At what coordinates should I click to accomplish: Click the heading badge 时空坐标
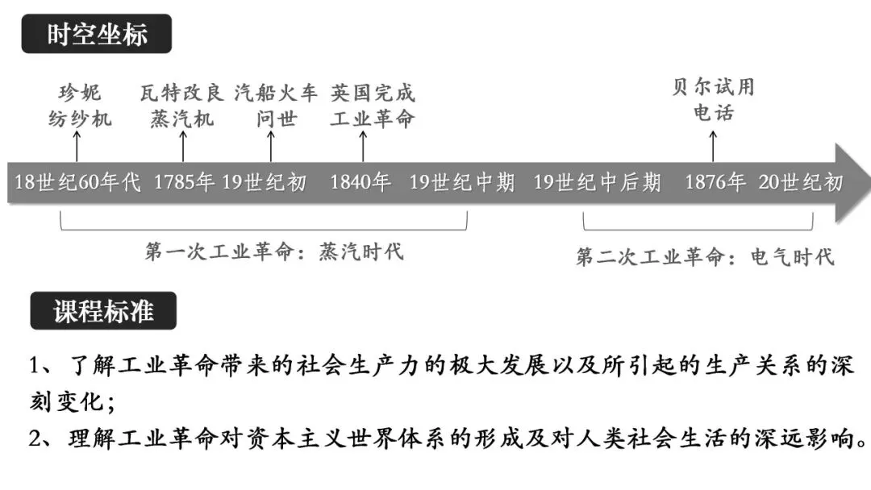coord(96,35)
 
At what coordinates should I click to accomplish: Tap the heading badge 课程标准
coord(103,310)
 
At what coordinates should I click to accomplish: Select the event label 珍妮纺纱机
coord(77,105)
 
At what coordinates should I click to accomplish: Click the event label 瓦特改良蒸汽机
coord(182,105)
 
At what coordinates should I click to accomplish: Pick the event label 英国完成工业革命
coord(372,105)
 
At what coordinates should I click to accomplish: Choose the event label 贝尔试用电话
coord(713,99)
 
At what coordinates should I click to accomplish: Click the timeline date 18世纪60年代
coord(77,183)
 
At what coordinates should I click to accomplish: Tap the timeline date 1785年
coord(184,183)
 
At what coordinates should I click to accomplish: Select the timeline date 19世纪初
coord(265,183)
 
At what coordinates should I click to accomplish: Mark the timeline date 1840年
coord(360,183)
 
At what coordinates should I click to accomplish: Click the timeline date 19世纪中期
coord(461,183)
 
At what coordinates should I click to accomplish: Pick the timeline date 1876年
coord(715,183)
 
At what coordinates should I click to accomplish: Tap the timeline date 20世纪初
coord(800,183)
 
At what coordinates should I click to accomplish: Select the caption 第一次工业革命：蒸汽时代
coord(274,251)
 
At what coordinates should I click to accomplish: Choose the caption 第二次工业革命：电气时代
coord(705,257)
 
